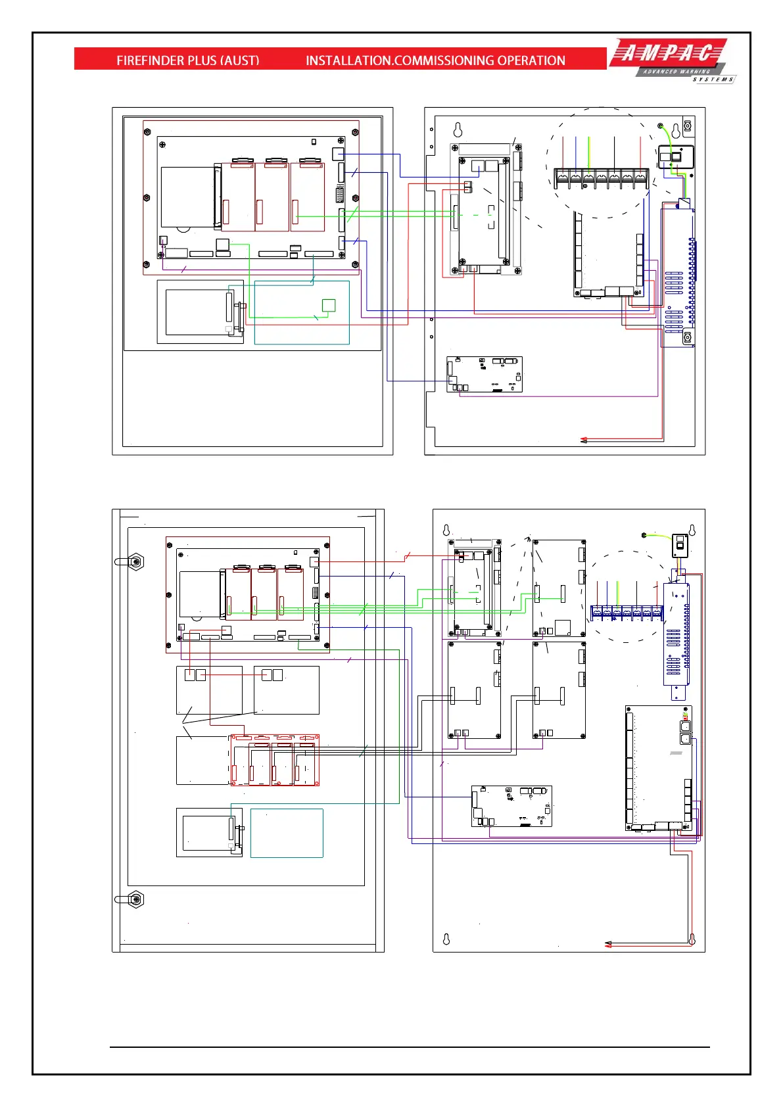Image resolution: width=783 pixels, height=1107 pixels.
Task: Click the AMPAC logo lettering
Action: (x=667, y=53)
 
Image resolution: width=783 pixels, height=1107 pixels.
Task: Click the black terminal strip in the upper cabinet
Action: (x=602, y=177)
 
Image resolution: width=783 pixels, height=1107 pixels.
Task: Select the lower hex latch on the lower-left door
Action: (x=135, y=899)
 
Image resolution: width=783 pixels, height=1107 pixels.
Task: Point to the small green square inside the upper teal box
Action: (x=329, y=305)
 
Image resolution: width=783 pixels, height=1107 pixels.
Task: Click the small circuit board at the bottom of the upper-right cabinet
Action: (x=485, y=375)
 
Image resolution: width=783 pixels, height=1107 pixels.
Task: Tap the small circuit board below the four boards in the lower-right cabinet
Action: (x=511, y=806)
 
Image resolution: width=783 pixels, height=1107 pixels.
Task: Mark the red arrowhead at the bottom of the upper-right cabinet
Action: (x=583, y=440)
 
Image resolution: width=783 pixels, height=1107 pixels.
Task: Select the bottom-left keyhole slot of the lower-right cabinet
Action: (x=446, y=939)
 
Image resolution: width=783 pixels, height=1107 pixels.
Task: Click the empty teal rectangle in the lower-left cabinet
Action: (x=287, y=833)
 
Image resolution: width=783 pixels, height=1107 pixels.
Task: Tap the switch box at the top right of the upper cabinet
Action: (x=675, y=158)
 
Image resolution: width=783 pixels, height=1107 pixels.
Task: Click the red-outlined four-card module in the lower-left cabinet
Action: (x=274, y=760)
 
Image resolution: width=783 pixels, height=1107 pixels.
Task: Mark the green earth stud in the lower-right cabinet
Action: (x=645, y=536)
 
